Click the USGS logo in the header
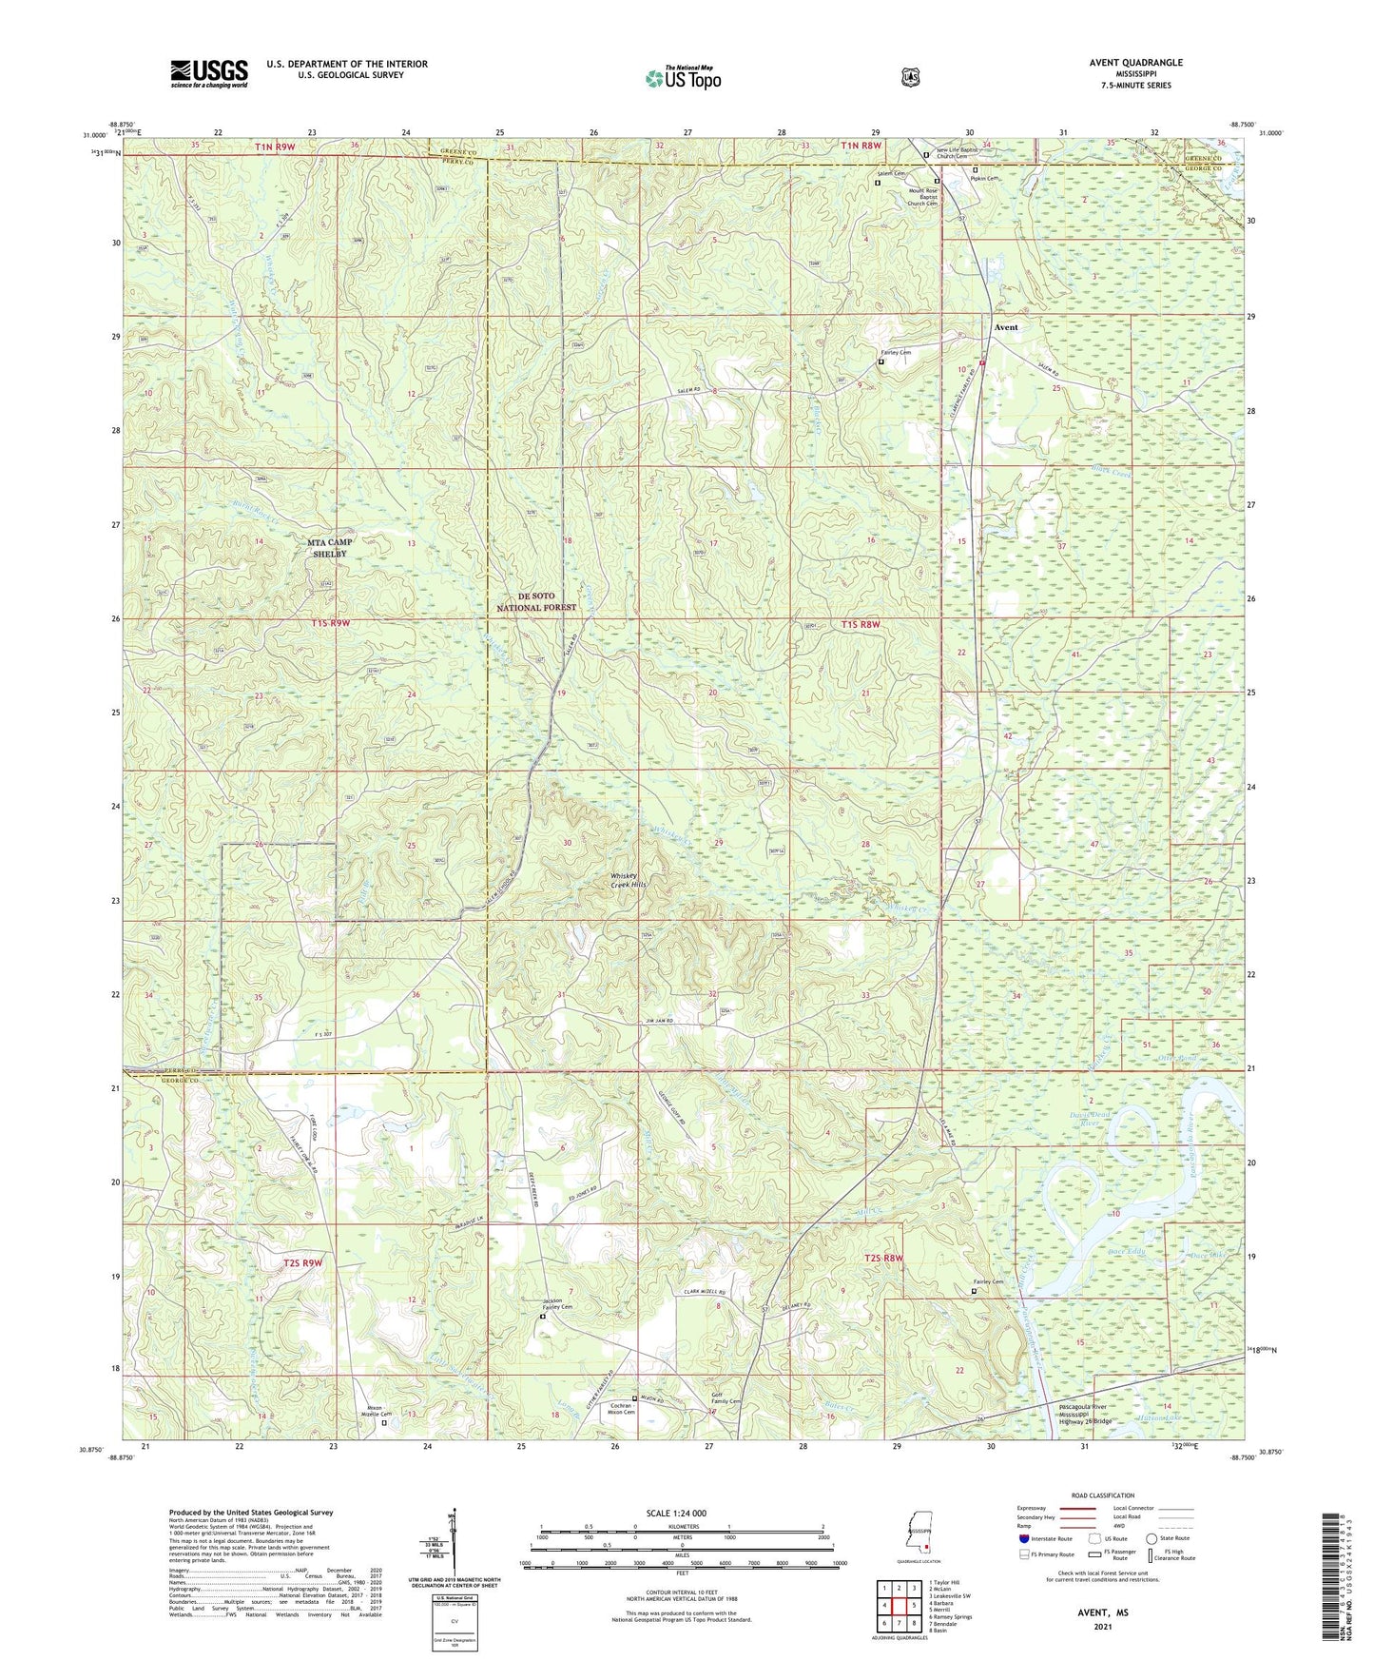pyautogui.click(x=209, y=73)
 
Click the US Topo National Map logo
pyautogui.click(x=683, y=78)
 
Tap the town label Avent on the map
pyautogui.click(x=1005, y=327)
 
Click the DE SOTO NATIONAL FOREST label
pyautogui.click(x=537, y=601)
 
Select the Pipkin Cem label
pyautogui.click(x=984, y=179)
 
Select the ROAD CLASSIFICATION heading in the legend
pyautogui.click(x=1103, y=1495)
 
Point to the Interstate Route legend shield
pyautogui.click(x=1024, y=1537)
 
